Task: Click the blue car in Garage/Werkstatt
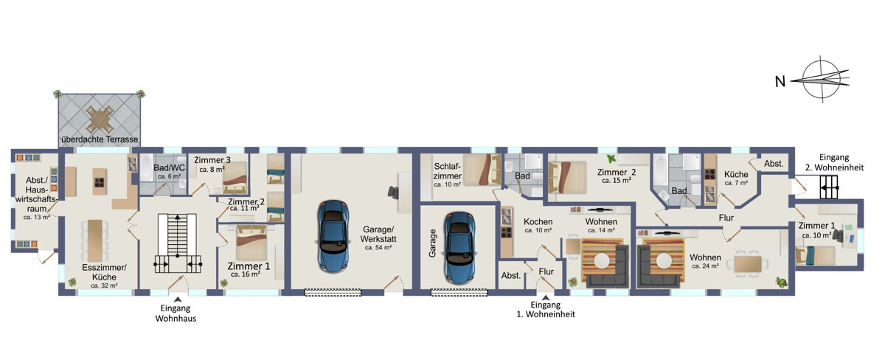coord(333,236)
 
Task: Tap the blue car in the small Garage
coord(459,247)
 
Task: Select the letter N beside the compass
coord(780,82)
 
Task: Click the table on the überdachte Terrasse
coord(99,119)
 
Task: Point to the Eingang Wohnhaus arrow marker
coord(178,300)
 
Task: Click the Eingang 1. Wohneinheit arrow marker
coord(546,297)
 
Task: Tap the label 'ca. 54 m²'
coord(378,248)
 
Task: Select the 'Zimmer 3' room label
coord(212,160)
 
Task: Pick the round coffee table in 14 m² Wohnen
coord(602,261)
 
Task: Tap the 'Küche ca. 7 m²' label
coord(736,178)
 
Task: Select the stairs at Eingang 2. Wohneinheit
coord(829,187)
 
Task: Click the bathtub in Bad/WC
coord(146,168)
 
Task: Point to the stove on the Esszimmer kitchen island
coord(99,182)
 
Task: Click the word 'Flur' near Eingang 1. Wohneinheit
coord(546,271)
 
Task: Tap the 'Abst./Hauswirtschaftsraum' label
coord(36,195)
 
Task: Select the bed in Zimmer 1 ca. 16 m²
coord(251,243)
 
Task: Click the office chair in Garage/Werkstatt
coord(393,192)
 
